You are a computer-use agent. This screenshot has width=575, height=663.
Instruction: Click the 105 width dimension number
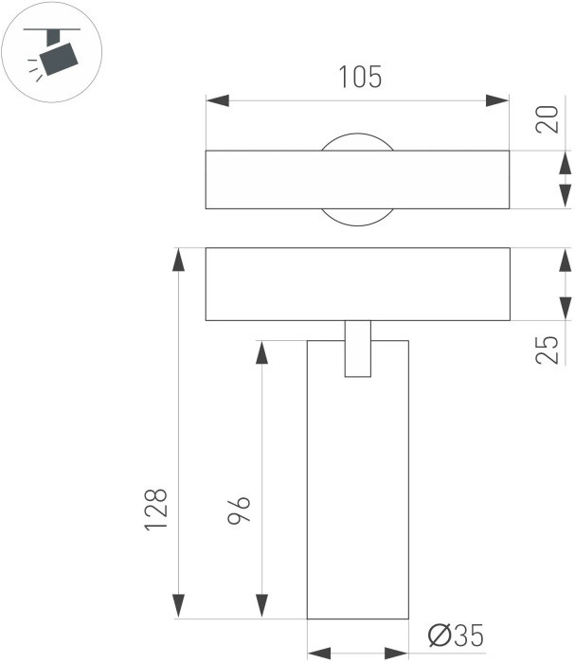tap(360, 77)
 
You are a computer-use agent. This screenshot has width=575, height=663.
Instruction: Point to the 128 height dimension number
tap(156, 509)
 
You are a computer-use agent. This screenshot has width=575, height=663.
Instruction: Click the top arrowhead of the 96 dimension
tap(259, 351)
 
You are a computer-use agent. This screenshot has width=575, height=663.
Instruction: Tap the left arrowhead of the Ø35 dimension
tap(319, 652)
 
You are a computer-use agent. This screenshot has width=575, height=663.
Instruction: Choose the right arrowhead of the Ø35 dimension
tap(396, 652)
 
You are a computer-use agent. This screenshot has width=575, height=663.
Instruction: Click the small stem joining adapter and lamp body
tap(357, 349)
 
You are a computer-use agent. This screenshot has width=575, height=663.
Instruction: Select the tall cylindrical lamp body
tap(357, 493)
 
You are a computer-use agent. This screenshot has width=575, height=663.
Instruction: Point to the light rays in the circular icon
tap(35, 66)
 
